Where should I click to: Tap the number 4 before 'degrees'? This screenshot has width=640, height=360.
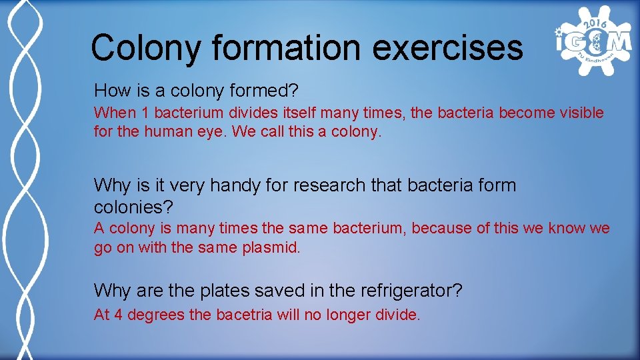(118, 315)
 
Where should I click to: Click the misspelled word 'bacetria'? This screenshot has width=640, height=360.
(245, 315)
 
